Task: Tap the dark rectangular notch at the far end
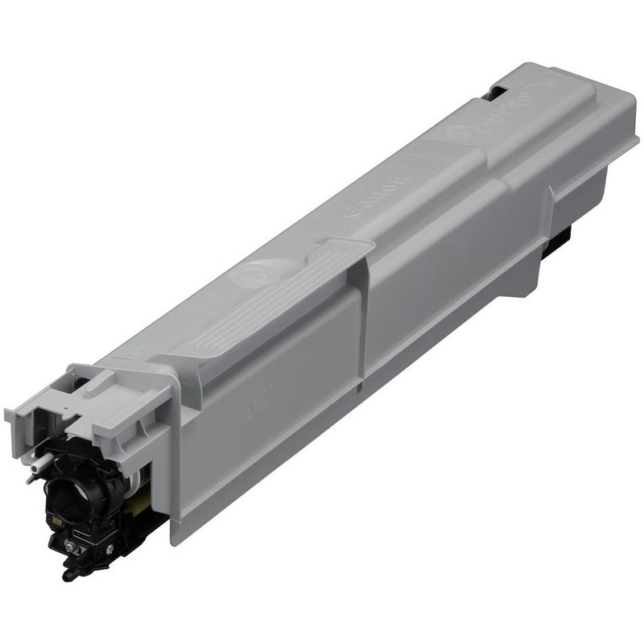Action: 494,93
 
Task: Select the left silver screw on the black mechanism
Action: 72,547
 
